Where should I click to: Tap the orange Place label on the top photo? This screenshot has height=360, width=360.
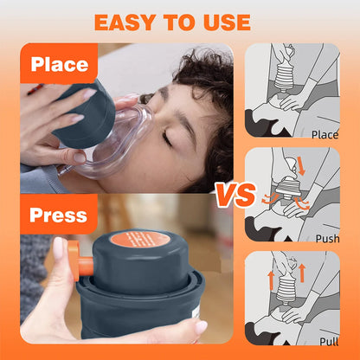pyautogui.click(x=61, y=65)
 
